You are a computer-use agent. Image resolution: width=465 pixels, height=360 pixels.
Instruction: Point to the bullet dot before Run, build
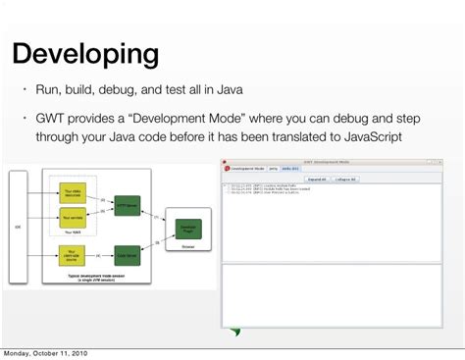pyautogui.click(x=26, y=91)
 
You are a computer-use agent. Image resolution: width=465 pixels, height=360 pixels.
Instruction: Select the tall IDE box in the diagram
pyautogui.click(x=17, y=225)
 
